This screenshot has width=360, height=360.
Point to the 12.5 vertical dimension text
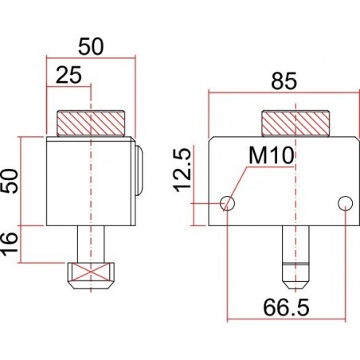tap(182, 169)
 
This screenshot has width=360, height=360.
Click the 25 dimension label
tap(69, 76)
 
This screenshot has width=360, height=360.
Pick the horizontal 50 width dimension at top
tap(92, 46)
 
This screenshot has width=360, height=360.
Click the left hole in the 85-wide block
tap(229, 203)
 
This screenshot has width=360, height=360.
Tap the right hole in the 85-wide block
tap(345, 203)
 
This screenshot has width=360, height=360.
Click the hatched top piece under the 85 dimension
tap(295, 123)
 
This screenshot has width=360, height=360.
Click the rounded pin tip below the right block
tap(295, 275)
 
